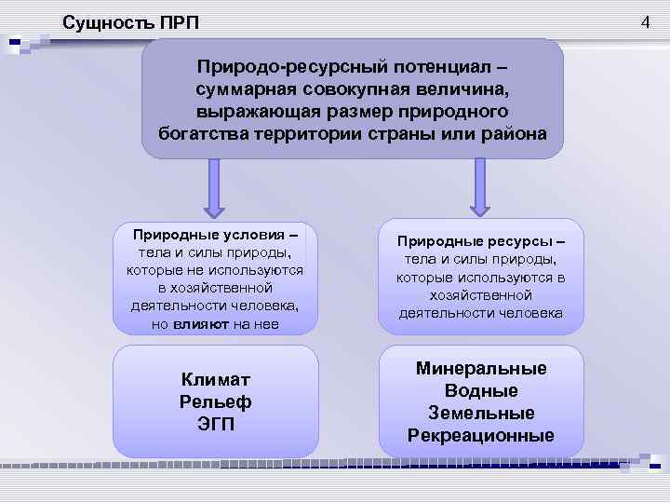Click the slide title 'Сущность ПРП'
pos(130,21)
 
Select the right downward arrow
pos(479,187)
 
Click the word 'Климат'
pos(215,379)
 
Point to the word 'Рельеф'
pos(215,401)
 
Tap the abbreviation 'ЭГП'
pos(215,424)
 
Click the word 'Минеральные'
pos(481,368)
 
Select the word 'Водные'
pos(481,390)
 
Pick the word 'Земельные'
pos(481,413)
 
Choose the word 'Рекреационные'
pos(481,435)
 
